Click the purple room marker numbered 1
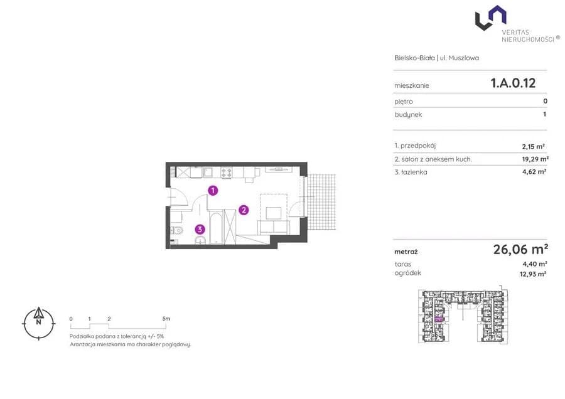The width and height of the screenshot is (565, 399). click(213, 190)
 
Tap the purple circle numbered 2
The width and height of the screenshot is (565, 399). click(244, 210)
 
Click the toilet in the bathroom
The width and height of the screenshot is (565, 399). click(176, 230)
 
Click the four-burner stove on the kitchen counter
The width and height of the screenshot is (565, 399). click(226, 173)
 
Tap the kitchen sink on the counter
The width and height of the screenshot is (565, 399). click(208, 173)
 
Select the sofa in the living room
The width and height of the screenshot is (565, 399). click(274, 227)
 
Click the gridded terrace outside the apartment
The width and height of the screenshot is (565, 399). click(321, 203)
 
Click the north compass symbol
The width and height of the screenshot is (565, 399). click(38, 323)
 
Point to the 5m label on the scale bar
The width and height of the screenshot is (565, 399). click(166, 319)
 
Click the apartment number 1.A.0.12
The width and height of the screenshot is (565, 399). click(513, 83)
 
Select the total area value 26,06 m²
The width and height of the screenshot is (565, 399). click(520, 249)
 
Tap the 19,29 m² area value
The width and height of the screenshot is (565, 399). click(535, 159)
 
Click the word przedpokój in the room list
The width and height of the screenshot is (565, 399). click(418, 146)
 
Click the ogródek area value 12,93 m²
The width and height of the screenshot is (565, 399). click(533, 274)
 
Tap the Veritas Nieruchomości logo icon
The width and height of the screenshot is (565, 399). click(490, 18)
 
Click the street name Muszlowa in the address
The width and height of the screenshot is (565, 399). click(463, 58)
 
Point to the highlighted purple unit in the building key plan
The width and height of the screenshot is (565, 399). click(439, 319)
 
